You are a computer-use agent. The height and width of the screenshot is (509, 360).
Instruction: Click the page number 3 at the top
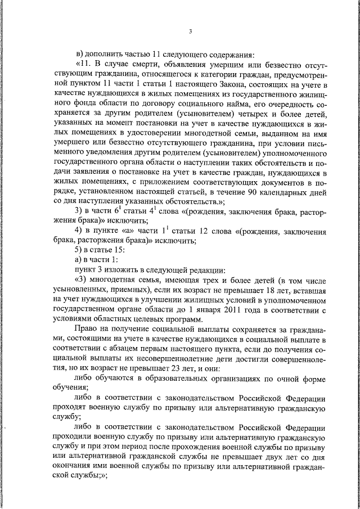click(191, 31)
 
